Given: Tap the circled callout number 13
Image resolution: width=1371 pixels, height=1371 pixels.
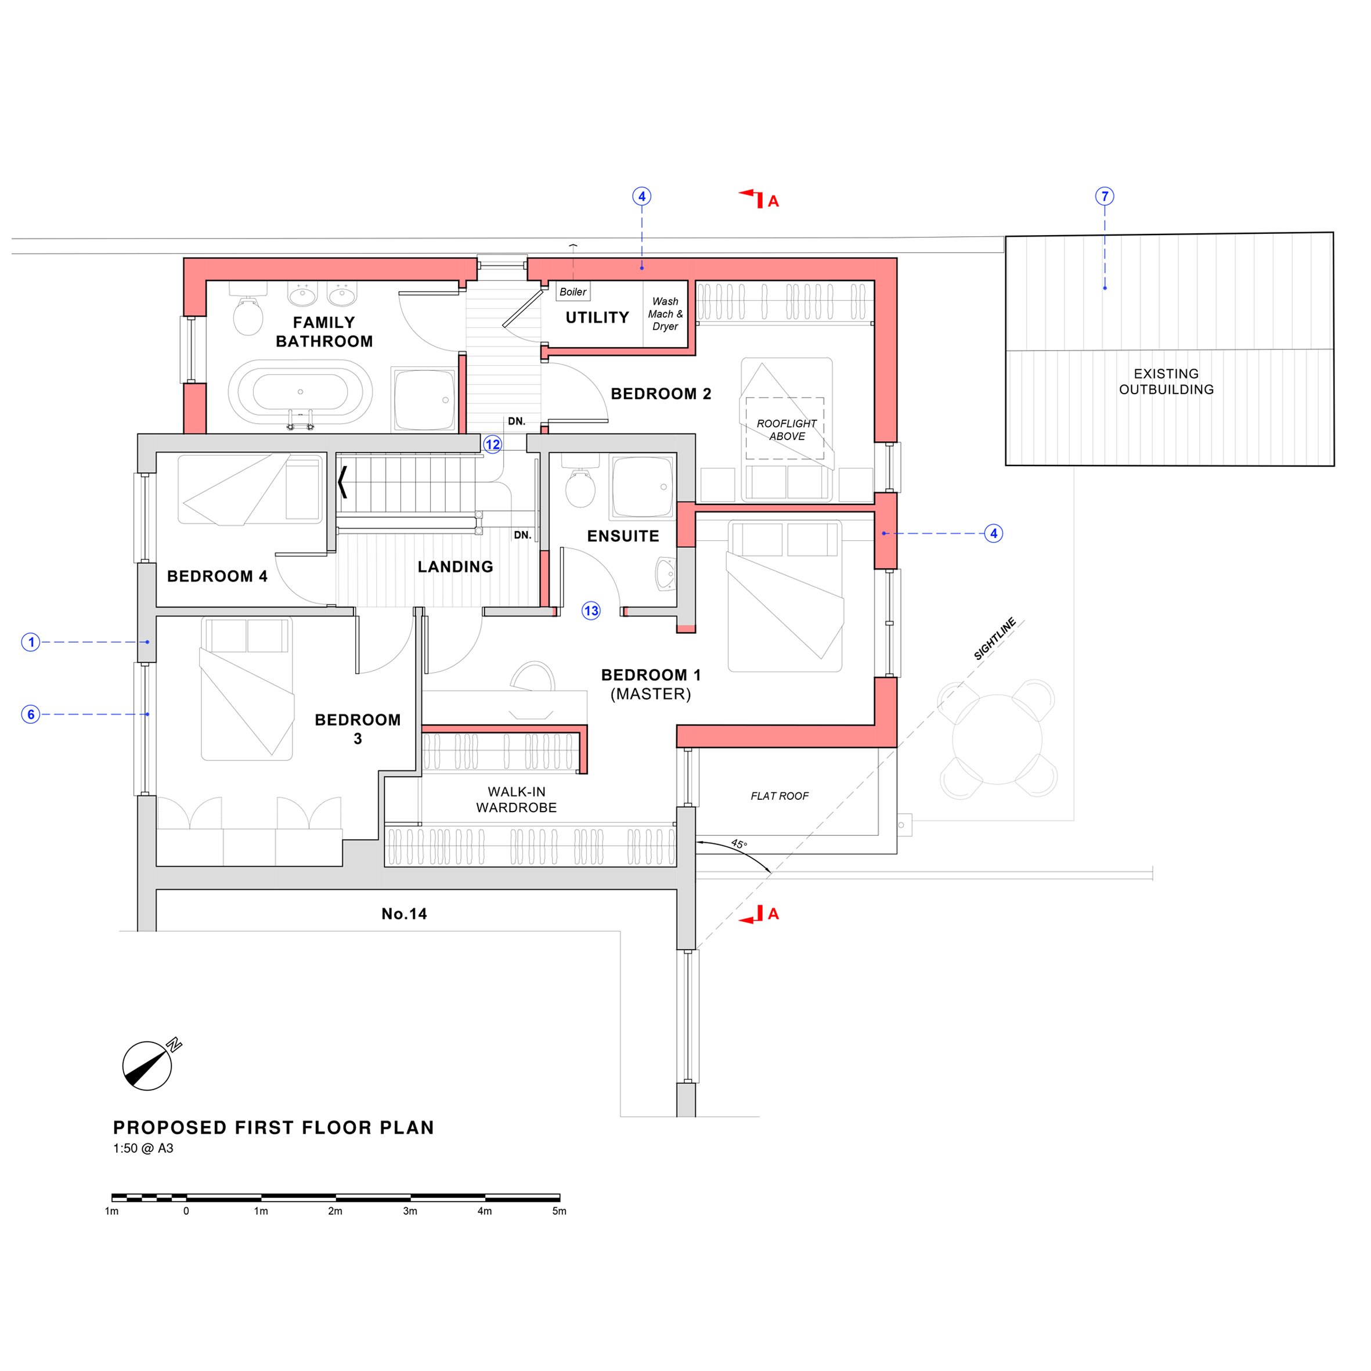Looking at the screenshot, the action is point(591,611).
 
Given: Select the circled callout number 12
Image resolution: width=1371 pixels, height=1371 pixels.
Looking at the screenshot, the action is point(492,445).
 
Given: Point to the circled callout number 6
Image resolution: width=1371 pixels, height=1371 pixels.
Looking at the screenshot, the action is point(31,714).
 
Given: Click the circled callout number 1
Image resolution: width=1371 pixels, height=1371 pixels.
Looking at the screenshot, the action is point(31,642).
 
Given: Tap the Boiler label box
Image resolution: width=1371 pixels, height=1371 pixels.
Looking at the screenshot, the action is point(573,291).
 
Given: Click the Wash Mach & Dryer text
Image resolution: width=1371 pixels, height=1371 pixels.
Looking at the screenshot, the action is point(665,313).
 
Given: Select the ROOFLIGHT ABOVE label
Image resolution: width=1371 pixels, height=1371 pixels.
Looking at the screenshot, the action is point(786,430).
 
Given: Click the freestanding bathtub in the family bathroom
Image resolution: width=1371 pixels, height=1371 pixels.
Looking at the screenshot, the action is point(300,392).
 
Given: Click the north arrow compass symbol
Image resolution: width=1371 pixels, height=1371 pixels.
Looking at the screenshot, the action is point(147,1066).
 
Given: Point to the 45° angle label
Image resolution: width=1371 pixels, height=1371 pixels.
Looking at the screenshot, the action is point(739,844).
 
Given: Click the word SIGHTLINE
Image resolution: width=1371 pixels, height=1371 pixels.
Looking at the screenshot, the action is point(994,638).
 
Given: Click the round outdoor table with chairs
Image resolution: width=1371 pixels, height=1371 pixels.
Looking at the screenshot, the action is point(997,739).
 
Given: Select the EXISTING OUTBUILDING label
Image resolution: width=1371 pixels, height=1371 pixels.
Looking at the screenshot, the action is point(1166,382).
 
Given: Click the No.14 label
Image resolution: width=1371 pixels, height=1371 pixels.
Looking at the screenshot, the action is point(404,914).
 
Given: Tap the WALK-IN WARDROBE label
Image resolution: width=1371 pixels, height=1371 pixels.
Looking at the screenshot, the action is point(516,800).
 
